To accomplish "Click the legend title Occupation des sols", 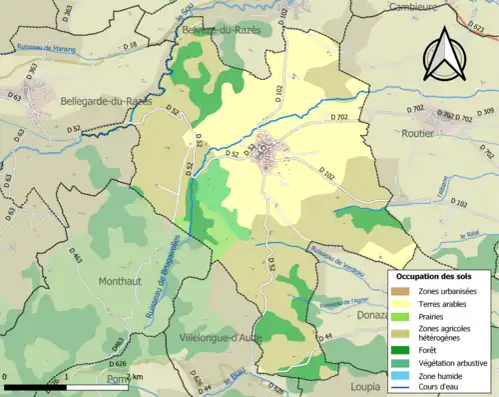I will coord(440,276).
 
